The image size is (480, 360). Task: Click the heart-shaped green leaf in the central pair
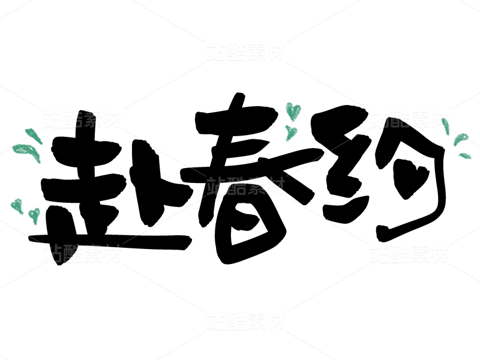(x=293, y=111)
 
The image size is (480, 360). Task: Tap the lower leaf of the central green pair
(x=291, y=133)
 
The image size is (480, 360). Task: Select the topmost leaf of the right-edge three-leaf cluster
(x=446, y=127)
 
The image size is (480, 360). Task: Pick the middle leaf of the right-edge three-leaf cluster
(x=460, y=140)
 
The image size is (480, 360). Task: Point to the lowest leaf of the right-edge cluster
(x=465, y=156)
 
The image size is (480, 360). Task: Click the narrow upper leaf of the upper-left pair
(x=34, y=136)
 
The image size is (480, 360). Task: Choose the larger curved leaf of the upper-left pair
(x=27, y=151)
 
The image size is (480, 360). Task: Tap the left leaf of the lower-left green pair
(x=17, y=206)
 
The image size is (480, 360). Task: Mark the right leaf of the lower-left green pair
(x=35, y=214)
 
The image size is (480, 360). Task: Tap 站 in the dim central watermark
(x=216, y=186)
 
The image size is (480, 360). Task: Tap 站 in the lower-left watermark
(x=52, y=254)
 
